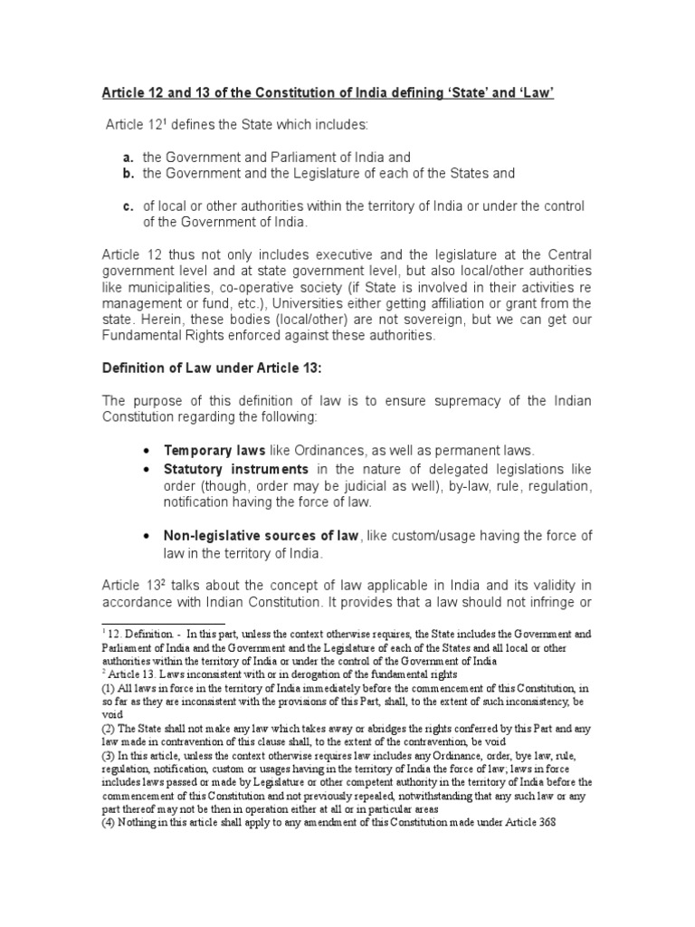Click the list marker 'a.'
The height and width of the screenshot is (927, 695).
tap(130, 158)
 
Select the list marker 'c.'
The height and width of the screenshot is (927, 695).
tap(130, 207)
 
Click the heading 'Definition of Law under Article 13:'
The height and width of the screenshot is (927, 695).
tap(207, 368)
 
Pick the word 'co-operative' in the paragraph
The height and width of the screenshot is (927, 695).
tap(253, 288)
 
